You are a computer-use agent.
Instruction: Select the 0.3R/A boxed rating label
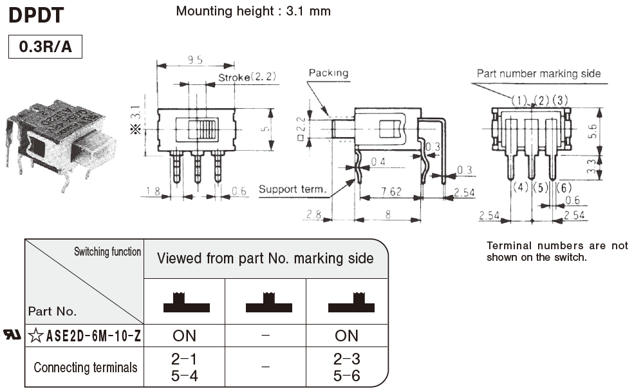pyautogui.click(x=45, y=47)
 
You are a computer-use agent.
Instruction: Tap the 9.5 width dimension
pyautogui.click(x=196, y=60)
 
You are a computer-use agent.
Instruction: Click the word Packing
pyautogui.click(x=328, y=73)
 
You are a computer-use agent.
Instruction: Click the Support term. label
pyautogui.click(x=292, y=189)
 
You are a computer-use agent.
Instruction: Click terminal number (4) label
pyautogui.click(x=521, y=188)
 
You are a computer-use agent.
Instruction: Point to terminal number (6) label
pyautogui.click(x=563, y=188)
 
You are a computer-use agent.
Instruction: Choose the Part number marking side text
pyautogui.click(x=538, y=73)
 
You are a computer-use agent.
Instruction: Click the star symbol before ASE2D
pyautogui.click(x=36, y=335)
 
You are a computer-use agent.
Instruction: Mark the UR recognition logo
pyautogui.click(x=13, y=335)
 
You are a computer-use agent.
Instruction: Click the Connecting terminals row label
pyautogui.click(x=85, y=368)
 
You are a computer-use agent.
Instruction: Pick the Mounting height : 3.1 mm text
pyautogui.click(x=254, y=11)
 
